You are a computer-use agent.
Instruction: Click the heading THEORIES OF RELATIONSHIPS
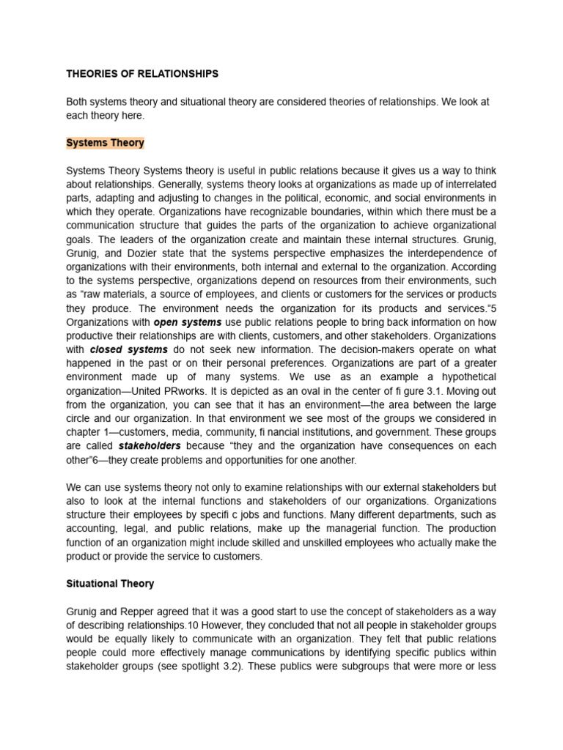click(x=142, y=74)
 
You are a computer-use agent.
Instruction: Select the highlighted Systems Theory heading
click(x=105, y=143)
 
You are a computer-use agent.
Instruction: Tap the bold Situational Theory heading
click(x=110, y=584)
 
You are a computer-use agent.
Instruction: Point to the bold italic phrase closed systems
click(x=129, y=349)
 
